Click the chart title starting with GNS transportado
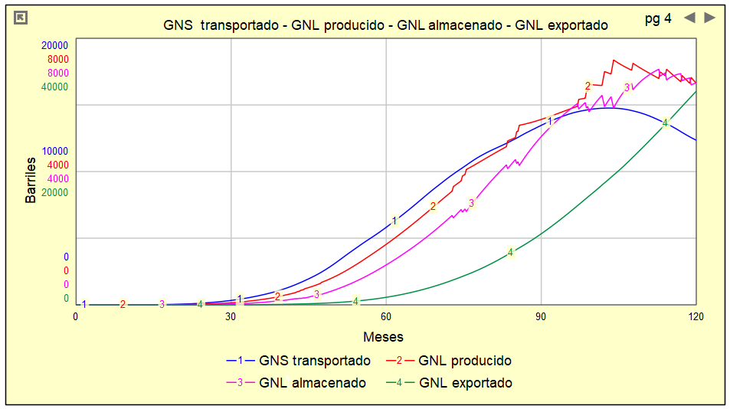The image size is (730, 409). coord(385,25)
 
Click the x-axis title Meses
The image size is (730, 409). coord(383,337)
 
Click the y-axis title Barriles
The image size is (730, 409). coord(31,180)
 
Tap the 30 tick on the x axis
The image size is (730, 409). coord(231,316)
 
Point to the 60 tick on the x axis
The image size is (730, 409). coord(386,316)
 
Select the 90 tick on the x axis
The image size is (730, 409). coord(541,316)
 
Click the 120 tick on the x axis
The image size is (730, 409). coord(696,316)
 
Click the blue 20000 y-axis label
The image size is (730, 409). coord(55,45)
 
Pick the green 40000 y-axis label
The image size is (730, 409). coord(55,87)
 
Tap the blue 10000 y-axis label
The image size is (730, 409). coord(55,151)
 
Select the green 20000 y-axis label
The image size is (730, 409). coord(55,192)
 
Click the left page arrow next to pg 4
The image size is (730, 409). coord(689,18)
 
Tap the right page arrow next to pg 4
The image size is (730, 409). coord(710,18)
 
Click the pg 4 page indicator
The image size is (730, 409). coord(658,19)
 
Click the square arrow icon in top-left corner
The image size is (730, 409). coord(21,18)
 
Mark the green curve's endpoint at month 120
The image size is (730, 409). coord(696,92)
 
